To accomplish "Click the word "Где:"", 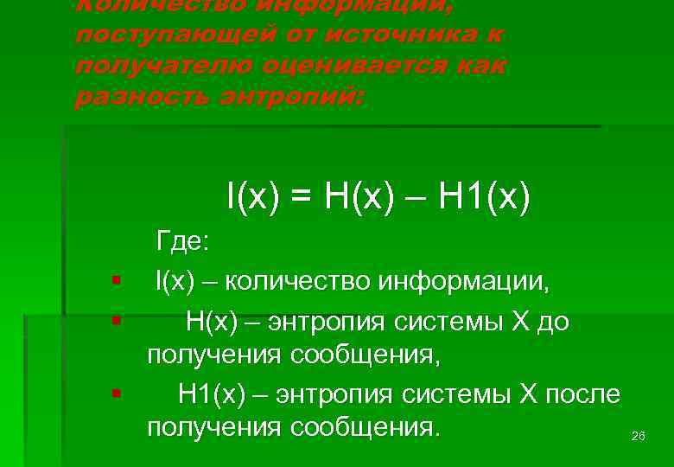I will (x=182, y=242).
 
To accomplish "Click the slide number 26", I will (x=639, y=437).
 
